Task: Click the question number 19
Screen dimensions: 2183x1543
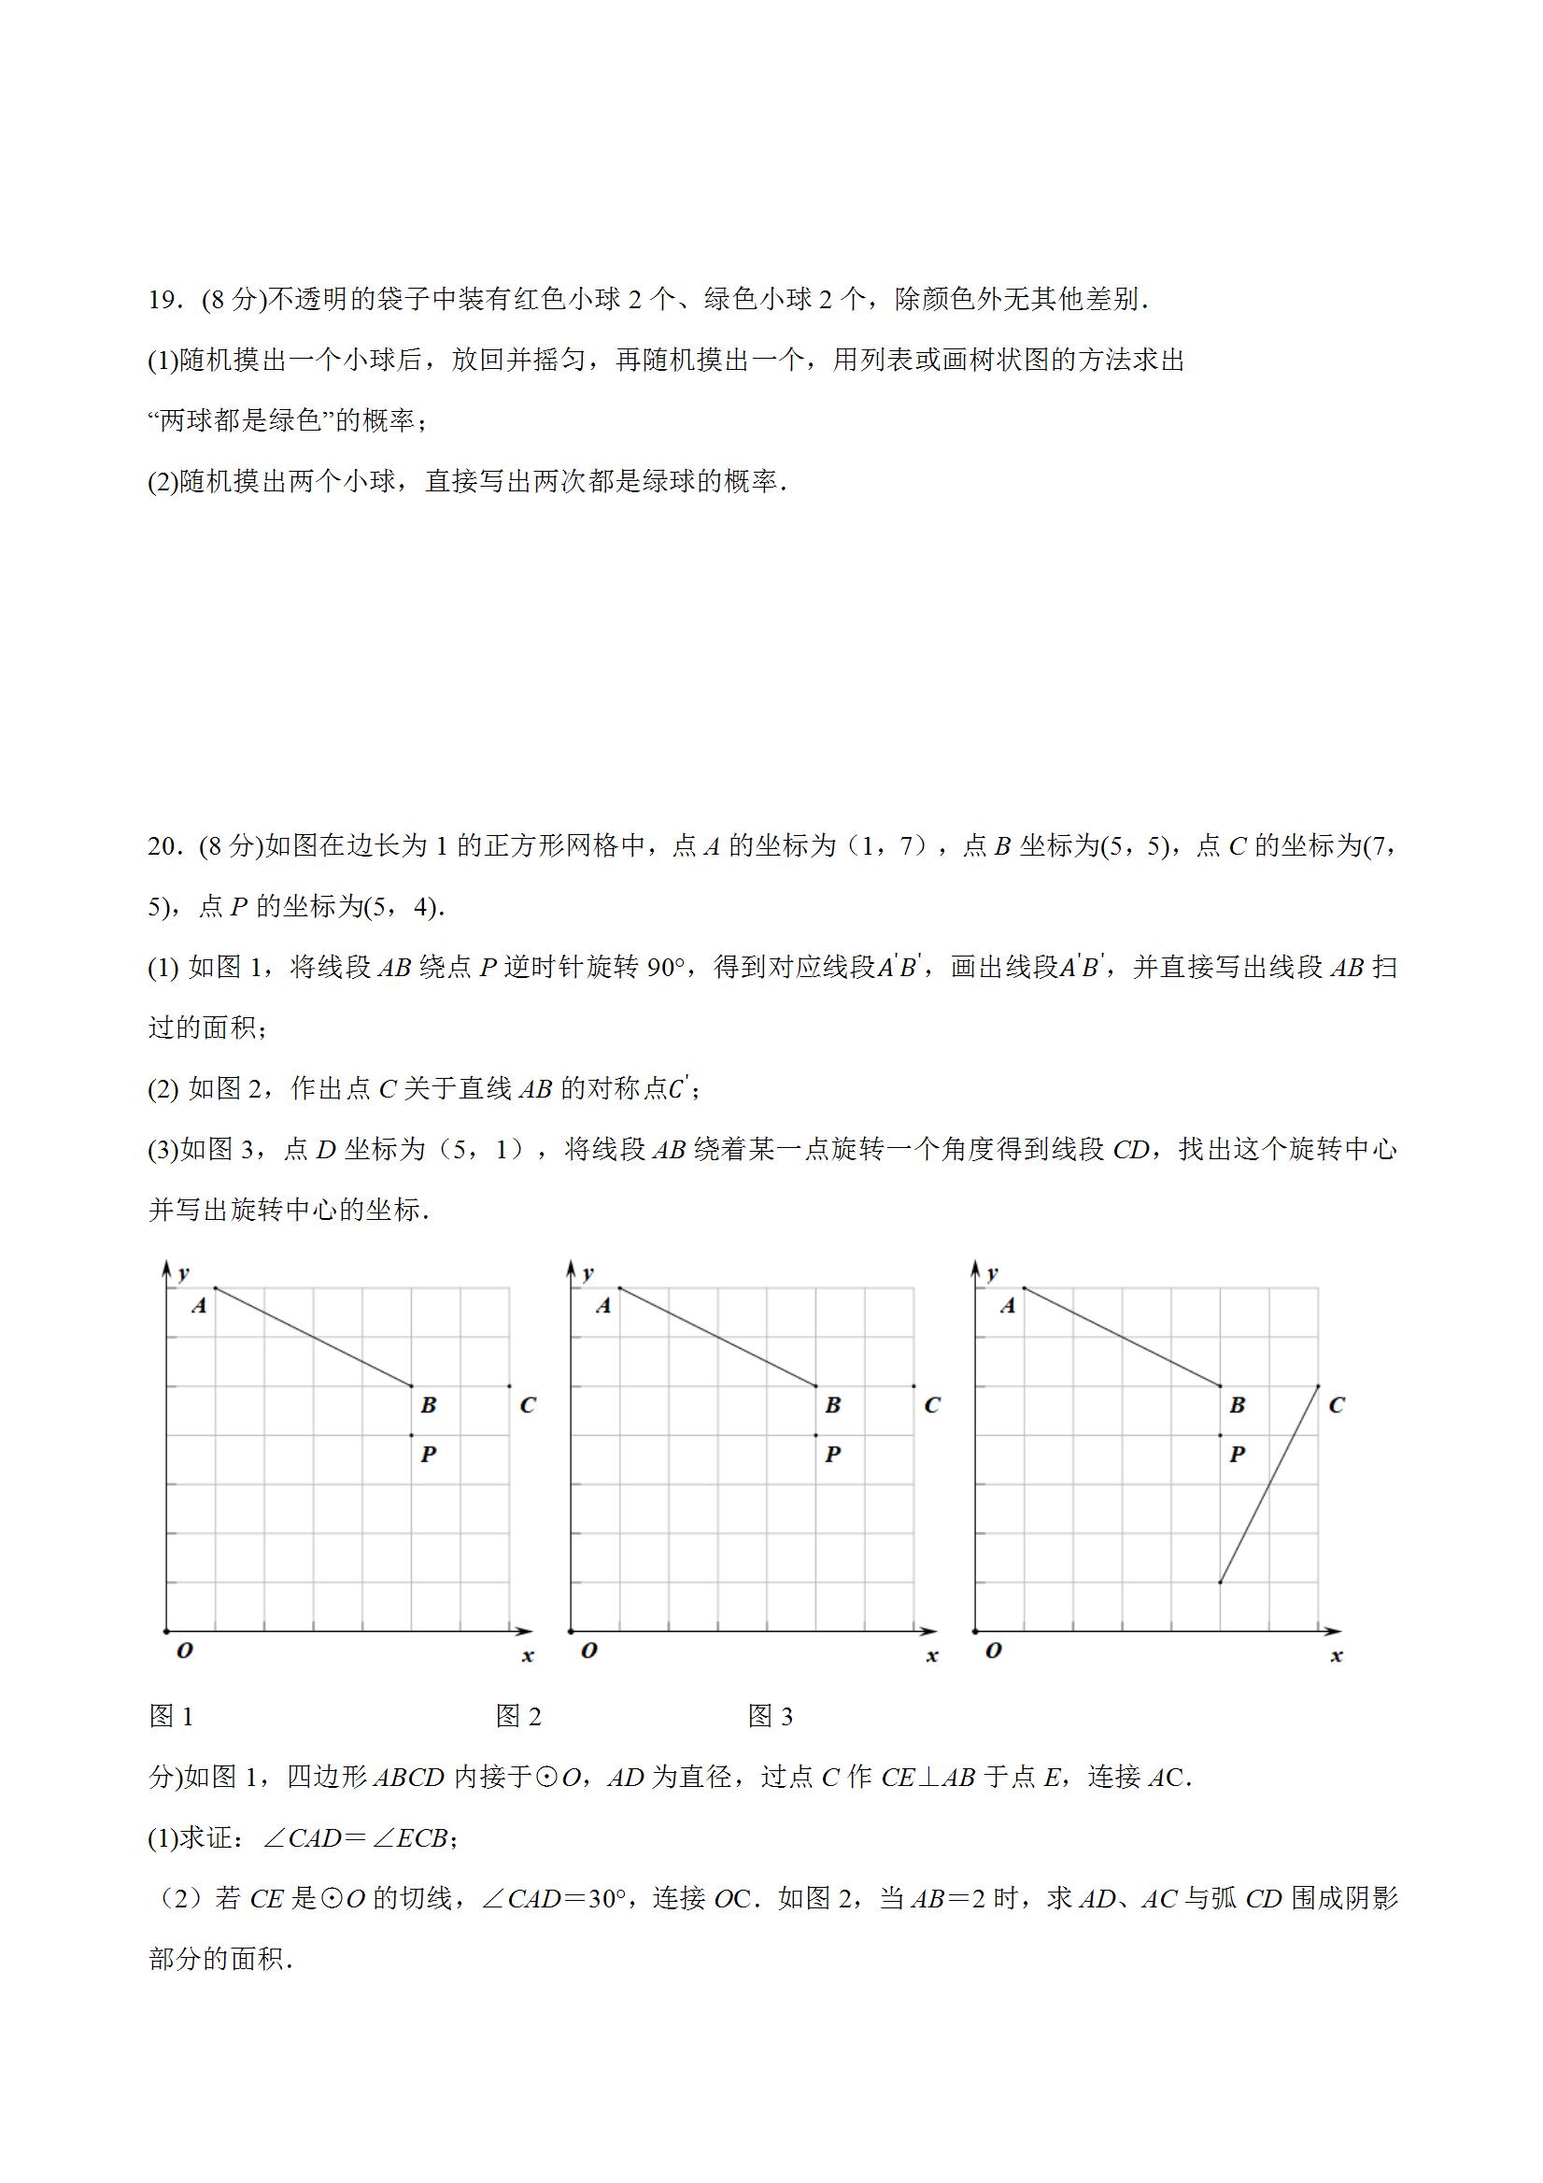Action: click(x=163, y=301)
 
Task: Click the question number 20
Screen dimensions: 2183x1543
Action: click(x=163, y=845)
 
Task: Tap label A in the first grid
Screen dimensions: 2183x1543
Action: click(x=199, y=1307)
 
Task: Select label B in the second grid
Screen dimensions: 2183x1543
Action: click(x=833, y=1404)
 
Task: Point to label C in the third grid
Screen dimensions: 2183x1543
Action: click(x=1336, y=1404)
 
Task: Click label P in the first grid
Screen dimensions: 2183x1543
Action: click(x=429, y=1453)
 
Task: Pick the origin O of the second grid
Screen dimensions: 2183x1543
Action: click(x=588, y=1651)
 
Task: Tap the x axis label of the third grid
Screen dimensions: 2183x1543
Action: click(x=1336, y=1656)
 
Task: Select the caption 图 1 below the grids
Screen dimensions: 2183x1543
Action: click(x=171, y=1716)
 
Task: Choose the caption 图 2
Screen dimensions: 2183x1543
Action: click(x=518, y=1716)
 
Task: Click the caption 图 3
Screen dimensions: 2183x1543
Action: click(x=770, y=1716)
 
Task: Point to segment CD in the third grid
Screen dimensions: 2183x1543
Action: click(x=1268, y=1484)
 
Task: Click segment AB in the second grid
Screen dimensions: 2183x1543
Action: click(x=717, y=1337)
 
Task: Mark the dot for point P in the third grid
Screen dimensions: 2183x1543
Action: click(x=1220, y=1436)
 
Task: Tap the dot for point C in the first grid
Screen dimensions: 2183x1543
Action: click(x=510, y=1386)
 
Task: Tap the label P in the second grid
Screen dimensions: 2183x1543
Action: click(x=833, y=1453)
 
